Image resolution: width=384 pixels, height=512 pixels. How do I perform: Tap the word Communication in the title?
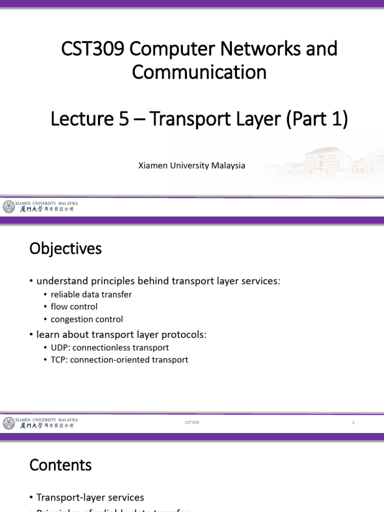point(199,72)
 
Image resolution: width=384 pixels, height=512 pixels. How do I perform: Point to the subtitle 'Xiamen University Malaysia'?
point(191,165)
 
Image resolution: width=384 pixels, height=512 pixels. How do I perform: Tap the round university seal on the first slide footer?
point(8,206)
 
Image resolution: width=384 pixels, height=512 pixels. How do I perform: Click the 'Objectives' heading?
point(65,248)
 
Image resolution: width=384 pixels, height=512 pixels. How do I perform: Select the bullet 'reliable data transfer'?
point(91,294)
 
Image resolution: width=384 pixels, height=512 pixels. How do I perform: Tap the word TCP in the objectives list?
point(58,359)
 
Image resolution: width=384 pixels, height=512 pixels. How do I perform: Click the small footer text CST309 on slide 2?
point(191,422)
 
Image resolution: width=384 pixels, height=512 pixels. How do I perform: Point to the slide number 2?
point(353,422)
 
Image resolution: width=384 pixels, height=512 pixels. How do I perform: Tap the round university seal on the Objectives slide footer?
point(8,423)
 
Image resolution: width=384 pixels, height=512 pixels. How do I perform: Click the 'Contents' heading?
point(60,465)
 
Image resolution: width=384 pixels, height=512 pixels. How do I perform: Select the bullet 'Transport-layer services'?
point(90,497)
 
